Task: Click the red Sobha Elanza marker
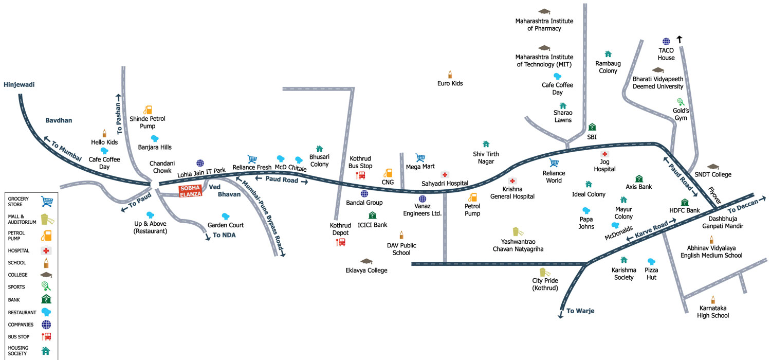pyautogui.click(x=190, y=191)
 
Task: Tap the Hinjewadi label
pyautogui.click(x=19, y=85)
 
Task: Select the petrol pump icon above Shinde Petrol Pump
pyautogui.click(x=148, y=110)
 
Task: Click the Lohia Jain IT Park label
pyautogui.click(x=201, y=172)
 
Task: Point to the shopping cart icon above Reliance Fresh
pyautogui.click(x=252, y=159)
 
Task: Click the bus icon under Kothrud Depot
pyautogui.click(x=340, y=242)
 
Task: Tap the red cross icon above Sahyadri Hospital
pyautogui.click(x=445, y=175)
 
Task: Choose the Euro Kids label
pyautogui.click(x=450, y=83)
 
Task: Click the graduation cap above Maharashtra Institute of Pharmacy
pyautogui.click(x=544, y=11)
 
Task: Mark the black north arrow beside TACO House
pyautogui.click(x=680, y=39)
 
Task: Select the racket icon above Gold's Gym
pyautogui.click(x=681, y=102)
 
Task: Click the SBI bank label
pyautogui.click(x=592, y=137)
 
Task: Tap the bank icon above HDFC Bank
pyautogui.click(x=685, y=202)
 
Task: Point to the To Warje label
pyautogui.click(x=580, y=311)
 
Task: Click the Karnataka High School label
pyautogui.click(x=713, y=312)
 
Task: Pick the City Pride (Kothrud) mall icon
pyautogui.click(x=544, y=272)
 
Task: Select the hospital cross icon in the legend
pyautogui.click(x=46, y=251)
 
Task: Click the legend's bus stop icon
pyautogui.click(x=46, y=336)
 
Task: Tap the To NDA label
pyautogui.click(x=224, y=236)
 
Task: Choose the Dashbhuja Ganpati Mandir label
pyautogui.click(x=723, y=223)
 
